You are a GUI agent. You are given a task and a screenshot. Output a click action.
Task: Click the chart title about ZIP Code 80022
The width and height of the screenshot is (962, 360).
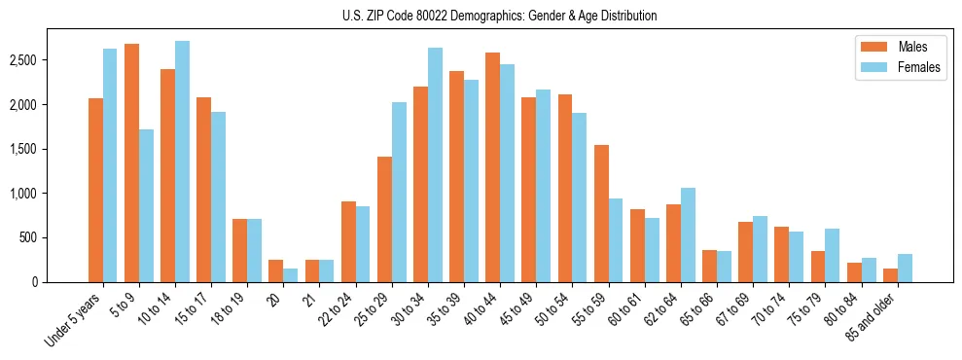click(x=499, y=16)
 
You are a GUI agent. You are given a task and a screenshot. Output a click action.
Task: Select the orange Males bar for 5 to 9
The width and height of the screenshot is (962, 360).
click(x=131, y=163)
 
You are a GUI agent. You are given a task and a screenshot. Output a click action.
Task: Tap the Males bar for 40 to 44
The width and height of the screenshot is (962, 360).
click(x=492, y=167)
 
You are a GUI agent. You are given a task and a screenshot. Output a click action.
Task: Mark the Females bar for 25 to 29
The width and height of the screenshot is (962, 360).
click(x=399, y=193)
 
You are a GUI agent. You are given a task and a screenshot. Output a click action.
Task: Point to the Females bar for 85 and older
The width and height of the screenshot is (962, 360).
click(x=905, y=269)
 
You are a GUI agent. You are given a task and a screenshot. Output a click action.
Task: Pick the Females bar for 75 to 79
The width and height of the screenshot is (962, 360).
click(x=833, y=256)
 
